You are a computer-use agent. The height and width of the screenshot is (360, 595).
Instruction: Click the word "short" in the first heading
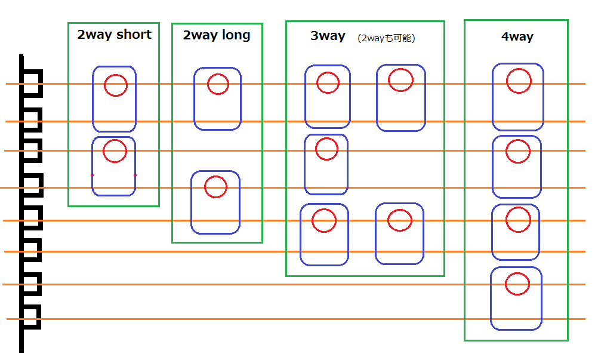134,35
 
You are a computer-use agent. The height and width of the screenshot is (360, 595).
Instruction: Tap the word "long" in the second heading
236,35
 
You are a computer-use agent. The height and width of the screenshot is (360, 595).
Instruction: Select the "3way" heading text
328,36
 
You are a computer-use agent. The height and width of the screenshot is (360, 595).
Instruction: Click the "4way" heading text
517,37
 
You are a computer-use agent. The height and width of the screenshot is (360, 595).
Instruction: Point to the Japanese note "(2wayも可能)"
386,38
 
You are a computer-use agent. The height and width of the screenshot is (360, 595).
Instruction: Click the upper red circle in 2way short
116,75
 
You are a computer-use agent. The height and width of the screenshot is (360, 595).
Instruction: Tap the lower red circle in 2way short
115,140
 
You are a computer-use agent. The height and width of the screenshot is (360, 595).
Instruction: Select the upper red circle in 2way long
218,74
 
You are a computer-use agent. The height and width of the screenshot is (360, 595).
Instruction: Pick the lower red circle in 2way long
215,176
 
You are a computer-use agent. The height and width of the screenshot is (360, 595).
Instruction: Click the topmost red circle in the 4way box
519,69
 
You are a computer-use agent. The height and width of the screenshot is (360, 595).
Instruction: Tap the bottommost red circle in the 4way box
517,272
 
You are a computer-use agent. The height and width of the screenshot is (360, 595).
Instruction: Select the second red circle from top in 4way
518,140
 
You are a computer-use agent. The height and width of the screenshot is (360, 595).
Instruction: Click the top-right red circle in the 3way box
400,69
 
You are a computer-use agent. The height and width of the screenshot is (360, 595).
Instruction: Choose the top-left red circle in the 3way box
328,72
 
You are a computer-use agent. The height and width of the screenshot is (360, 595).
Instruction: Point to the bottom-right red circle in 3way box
400,209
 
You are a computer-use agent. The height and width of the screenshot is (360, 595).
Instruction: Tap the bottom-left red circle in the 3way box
324,208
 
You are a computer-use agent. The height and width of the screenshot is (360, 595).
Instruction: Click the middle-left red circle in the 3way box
326,138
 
